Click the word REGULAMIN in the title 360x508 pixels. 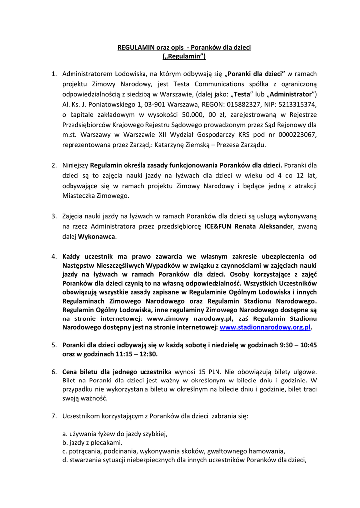[134, 48]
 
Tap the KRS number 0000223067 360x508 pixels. [295, 134]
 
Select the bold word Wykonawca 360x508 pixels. [97, 236]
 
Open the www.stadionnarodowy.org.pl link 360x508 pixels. [265, 327]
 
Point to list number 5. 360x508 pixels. [54, 344]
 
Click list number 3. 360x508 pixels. [54, 216]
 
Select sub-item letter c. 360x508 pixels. [65, 451]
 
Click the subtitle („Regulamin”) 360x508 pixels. [184, 57]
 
